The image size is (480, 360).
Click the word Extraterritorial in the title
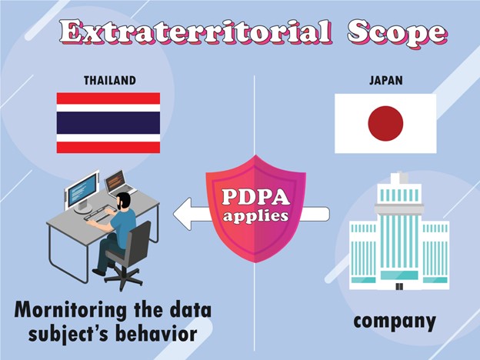coord(195,32)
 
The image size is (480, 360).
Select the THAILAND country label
coord(110,80)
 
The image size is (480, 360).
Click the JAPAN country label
coord(385,80)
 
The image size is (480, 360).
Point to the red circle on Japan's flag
coord(385,123)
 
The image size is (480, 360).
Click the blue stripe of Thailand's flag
coord(108,123)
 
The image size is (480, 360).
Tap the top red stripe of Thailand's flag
coord(108,98)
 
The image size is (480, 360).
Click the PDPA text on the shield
coord(255,197)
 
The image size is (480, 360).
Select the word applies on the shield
coord(255,216)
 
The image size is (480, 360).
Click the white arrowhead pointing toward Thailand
coord(182,214)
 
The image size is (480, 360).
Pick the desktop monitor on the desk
coord(82,192)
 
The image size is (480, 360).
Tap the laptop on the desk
coord(119,185)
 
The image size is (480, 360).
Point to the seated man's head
coord(124,201)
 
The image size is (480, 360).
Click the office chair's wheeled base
coord(123,278)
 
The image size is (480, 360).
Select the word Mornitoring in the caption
coord(70,311)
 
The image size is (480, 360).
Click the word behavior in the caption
coord(157,333)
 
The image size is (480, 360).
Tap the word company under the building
coord(395,322)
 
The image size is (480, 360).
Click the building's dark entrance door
coord(399,286)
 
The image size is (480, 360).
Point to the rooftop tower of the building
coord(399,178)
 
